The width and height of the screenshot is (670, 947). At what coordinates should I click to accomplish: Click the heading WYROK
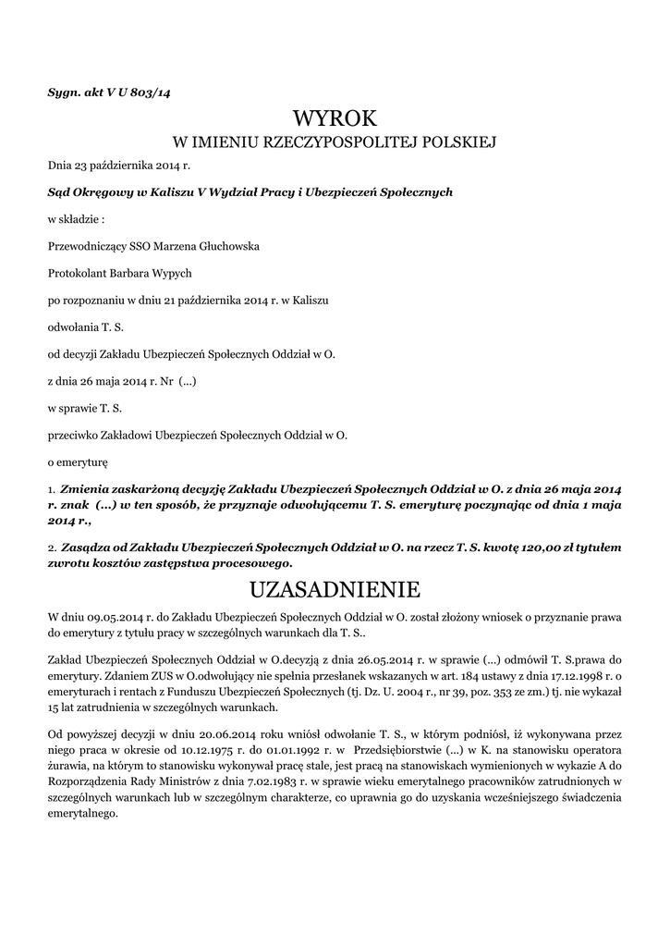coord(335,118)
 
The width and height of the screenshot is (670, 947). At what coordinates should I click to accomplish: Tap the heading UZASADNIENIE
coord(335,589)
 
